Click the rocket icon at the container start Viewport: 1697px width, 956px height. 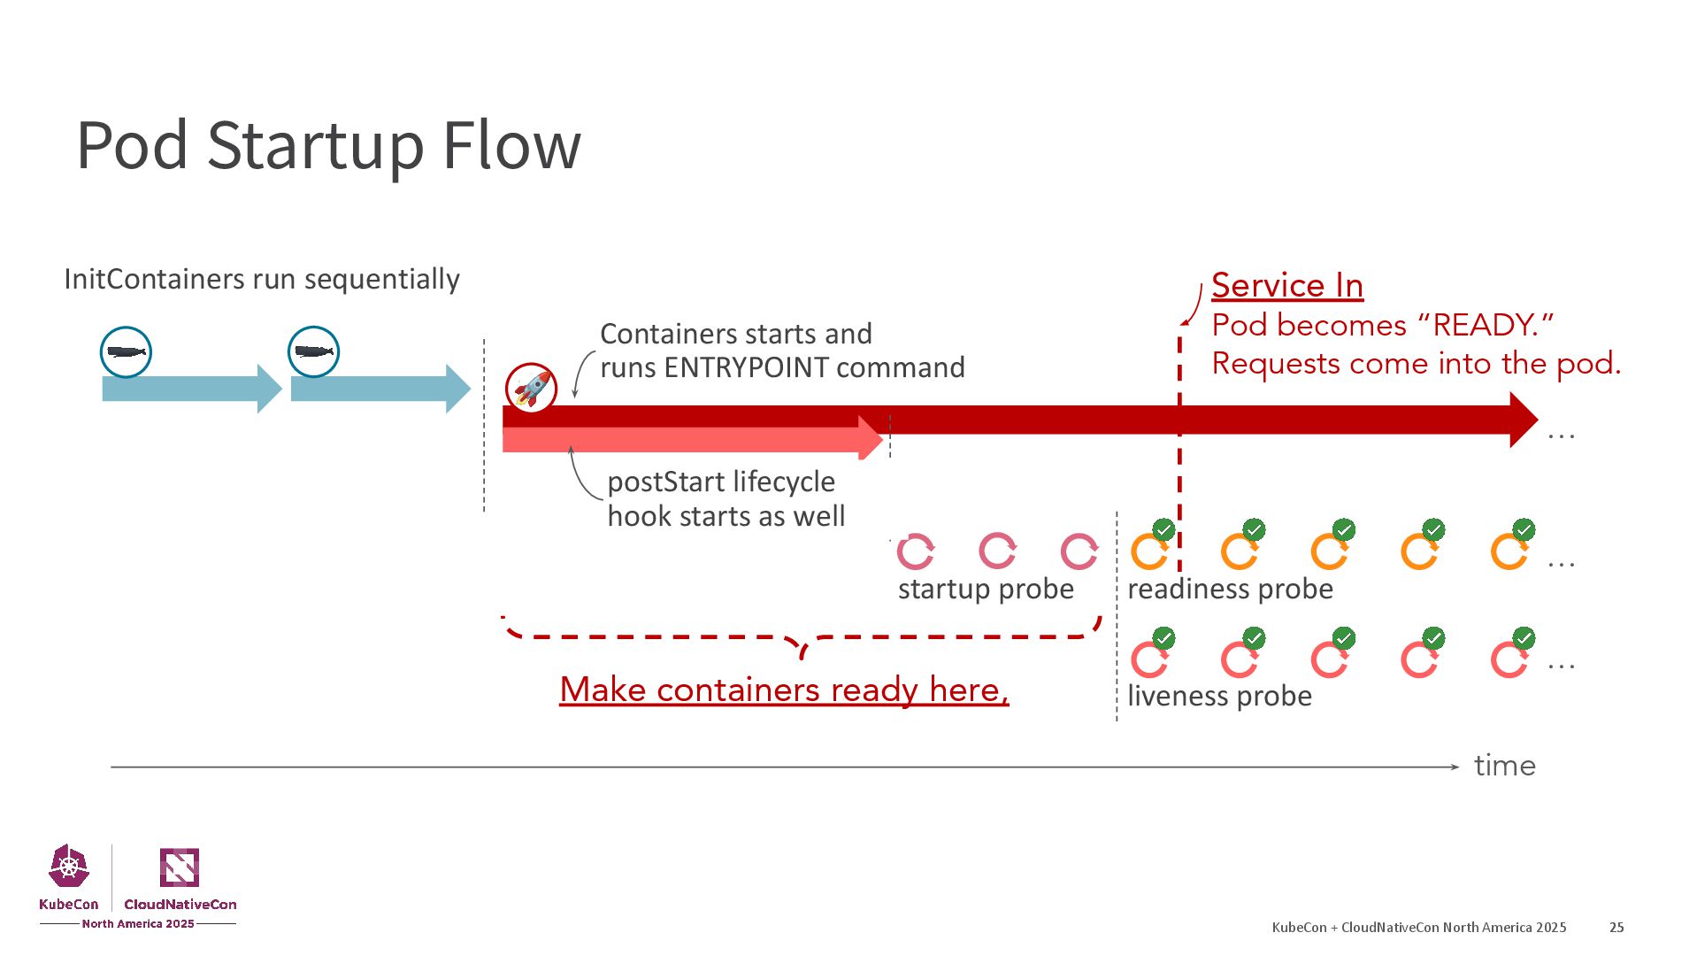click(531, 388)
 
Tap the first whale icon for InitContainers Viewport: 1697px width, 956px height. click(126, 352)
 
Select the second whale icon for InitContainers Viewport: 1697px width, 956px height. click(313, 352)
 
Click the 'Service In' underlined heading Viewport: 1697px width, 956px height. click(1286, 286)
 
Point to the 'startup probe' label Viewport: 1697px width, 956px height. click(986, 589)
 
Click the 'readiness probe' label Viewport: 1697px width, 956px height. click(1230, 589)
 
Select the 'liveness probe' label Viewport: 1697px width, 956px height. click(1219, 696)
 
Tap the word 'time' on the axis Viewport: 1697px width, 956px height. click(1504, 766)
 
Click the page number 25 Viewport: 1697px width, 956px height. click(1616, 928)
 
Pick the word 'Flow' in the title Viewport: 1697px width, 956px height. click(511, 145)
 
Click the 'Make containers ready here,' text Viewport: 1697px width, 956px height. click(784, 690)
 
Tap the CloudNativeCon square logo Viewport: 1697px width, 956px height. click(180, 867)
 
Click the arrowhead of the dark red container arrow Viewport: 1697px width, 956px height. click(1522, 420)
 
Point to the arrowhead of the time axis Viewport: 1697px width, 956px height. click(1455, 767)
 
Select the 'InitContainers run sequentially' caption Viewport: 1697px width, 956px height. click(262, 279)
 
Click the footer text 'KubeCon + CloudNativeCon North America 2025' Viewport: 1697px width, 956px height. click(1418, 928)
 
